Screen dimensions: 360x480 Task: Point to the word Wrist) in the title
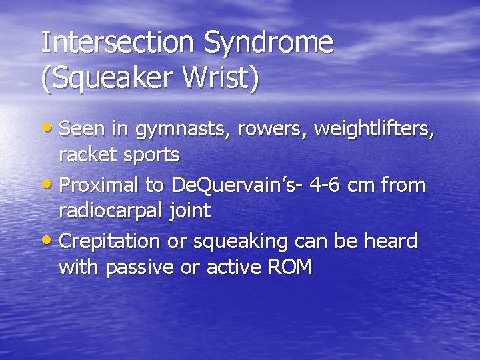pos(221,78)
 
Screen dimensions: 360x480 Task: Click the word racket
pos(86,155)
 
